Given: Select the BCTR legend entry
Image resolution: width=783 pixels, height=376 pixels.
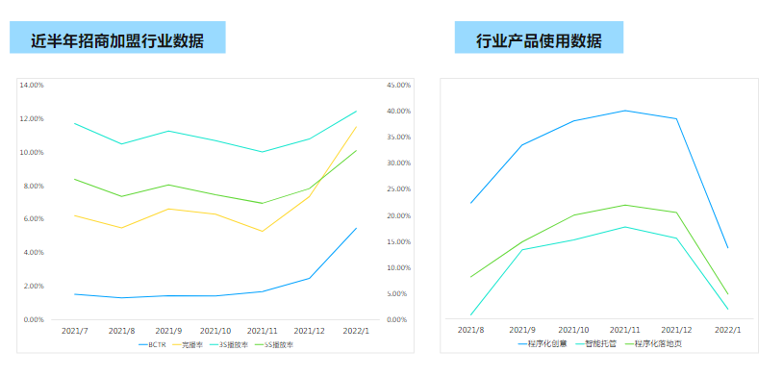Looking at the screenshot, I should [155, 345].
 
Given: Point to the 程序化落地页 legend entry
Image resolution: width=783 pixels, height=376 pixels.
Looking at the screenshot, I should [651, 342].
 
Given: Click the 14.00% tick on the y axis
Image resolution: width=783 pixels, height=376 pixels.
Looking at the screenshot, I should [32, 86].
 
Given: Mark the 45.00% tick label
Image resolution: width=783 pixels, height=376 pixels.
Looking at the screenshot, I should [398, 86].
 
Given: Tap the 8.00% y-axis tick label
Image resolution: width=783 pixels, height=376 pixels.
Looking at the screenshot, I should [33, 186].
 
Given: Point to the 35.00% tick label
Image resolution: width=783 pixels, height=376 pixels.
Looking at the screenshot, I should [398, 138].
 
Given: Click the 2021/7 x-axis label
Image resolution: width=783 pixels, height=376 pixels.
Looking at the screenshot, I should [75, 330].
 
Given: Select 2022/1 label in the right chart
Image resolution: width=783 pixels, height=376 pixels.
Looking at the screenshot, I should [727, 330].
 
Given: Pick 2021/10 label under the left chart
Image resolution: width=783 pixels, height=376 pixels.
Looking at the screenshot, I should [215, 330].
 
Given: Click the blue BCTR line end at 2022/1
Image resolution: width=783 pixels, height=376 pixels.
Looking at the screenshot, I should [357, 228].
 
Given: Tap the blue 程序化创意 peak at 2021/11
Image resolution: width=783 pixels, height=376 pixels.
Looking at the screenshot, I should [626, 111].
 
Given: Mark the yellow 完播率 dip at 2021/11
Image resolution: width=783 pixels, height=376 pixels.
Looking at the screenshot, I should [263, 231].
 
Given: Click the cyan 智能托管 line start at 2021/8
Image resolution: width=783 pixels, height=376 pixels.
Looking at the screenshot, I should [470, 314].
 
